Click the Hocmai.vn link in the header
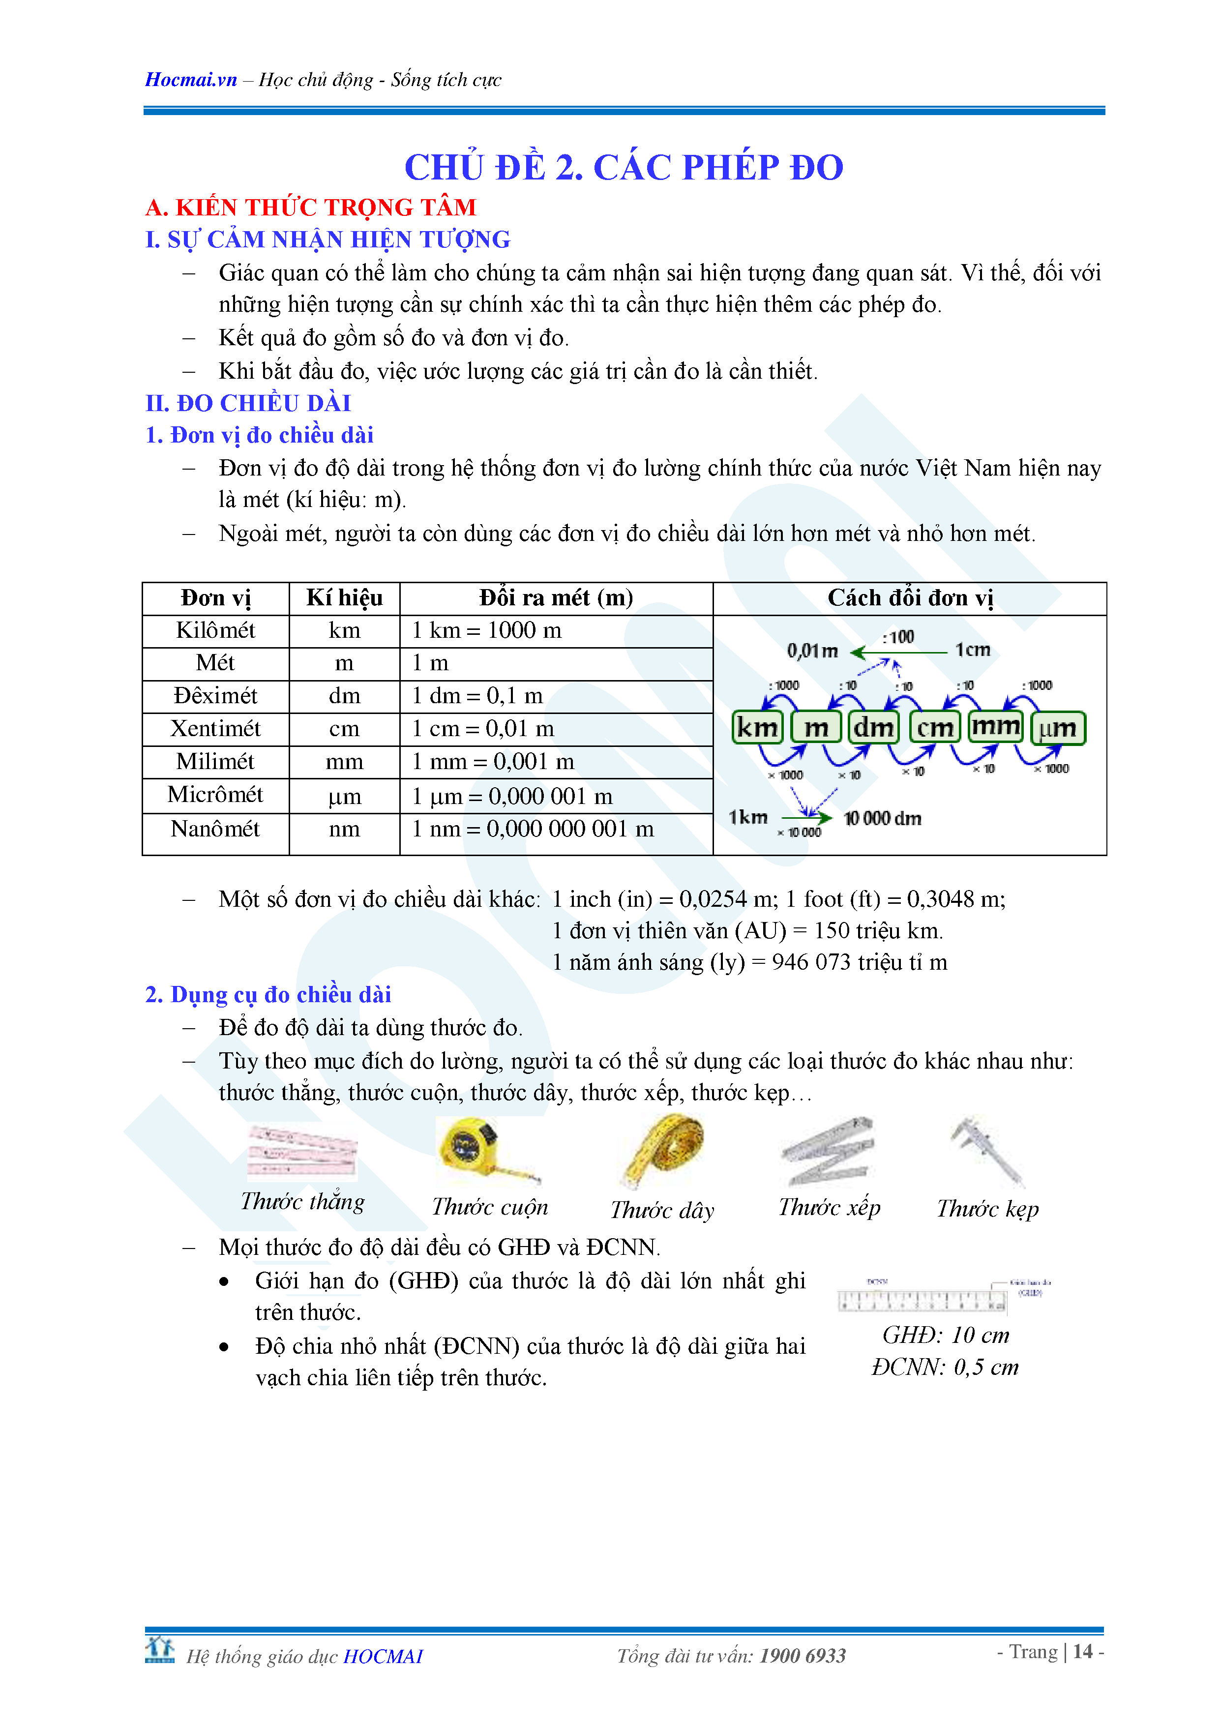[191, 80]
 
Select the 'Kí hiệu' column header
[344, 598]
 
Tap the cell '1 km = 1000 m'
[487, 630]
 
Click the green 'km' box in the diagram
[757, 727]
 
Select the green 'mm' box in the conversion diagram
[995, 726]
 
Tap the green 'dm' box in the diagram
[874, 727]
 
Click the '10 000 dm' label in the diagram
[882, 818]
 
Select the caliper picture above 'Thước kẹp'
[986, 1150]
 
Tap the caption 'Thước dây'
[662, 1210]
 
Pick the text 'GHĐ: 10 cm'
[945, 1335]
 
